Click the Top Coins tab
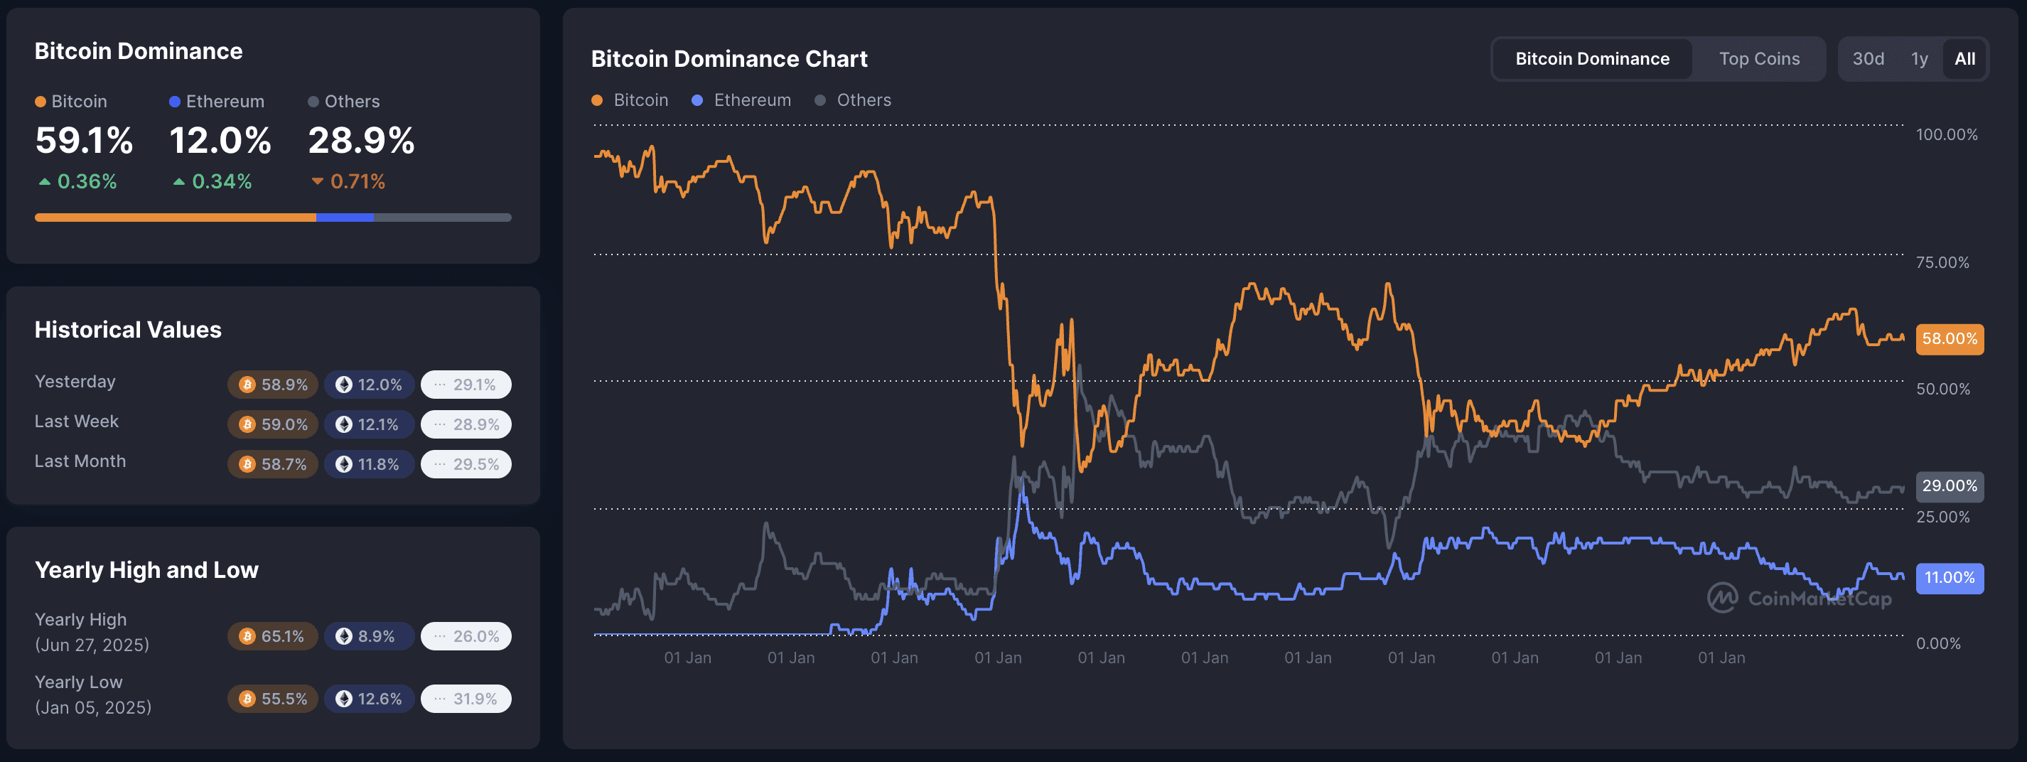[1758, 59]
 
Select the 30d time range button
[1867, 59]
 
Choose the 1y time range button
[1919, 59]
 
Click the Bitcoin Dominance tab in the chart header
[1592, 59]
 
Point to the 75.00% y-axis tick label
[1942, 262]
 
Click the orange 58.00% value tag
[1949, 339]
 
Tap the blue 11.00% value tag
[1949, 578]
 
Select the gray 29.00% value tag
[1949, 485]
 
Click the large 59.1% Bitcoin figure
[84, 141]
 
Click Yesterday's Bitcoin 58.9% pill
[273, 385]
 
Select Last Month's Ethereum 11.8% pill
[369, 464]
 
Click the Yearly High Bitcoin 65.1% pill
[273, 636]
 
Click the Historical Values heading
[128, 330]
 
